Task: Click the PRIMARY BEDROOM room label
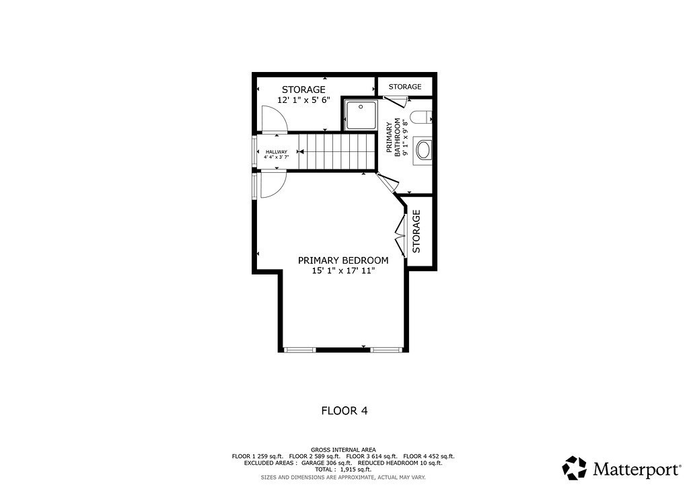point(343,260)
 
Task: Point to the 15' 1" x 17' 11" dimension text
point(343,270)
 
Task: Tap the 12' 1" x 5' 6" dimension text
point(303,100)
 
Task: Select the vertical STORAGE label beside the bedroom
point(416,231)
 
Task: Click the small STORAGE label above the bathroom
point(405,87)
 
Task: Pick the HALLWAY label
point(276,152)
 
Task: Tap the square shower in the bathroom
point(361,114)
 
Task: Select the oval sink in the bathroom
point(423,149)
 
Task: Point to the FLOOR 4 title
point(344,410)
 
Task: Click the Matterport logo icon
point(574,467)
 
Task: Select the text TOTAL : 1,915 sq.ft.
point(343,470)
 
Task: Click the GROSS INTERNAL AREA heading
point(343,449)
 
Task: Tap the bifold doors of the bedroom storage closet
point(401,232)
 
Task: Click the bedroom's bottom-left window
point(300,349)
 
